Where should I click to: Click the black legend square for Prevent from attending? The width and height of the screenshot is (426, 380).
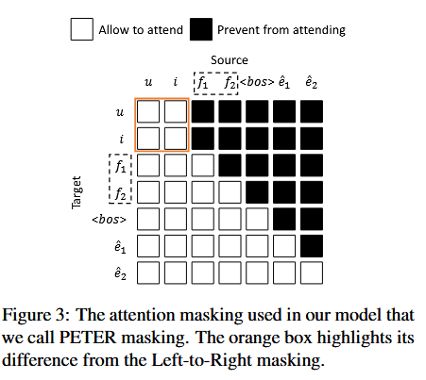pos(201,29)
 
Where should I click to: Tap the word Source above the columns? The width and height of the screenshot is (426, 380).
pos(230,59)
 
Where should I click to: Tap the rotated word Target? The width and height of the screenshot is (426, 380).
pos(77,192)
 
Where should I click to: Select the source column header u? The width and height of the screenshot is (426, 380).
pos(148,84)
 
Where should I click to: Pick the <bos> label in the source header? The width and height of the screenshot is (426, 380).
pos(257,84)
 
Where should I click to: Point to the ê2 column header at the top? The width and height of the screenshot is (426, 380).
pos(311,84)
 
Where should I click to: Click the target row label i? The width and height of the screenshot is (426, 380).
pos(121,139)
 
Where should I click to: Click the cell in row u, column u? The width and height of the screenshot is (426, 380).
pos(148,112)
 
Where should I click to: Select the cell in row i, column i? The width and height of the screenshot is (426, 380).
pos(176,139)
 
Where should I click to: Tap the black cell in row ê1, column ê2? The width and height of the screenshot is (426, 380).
pos(312,247)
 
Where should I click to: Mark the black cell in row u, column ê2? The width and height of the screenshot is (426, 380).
pos(312,112)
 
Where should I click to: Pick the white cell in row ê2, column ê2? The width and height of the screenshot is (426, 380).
pos(312,274)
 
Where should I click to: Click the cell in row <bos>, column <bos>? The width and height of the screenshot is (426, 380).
pos(257,221)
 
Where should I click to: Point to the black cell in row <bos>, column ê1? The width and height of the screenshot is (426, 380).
pos(284,221)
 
